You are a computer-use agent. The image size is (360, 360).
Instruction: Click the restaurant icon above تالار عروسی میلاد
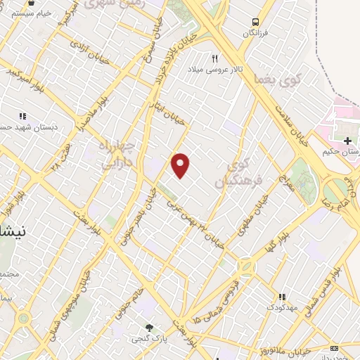pos(215,58)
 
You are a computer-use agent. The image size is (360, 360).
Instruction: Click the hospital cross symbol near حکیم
pos(347,142)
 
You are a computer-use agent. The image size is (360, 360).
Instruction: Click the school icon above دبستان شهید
pos(22,117)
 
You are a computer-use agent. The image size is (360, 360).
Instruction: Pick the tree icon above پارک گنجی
pos(148,327)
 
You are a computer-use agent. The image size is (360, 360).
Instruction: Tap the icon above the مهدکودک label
pos(282,297)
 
